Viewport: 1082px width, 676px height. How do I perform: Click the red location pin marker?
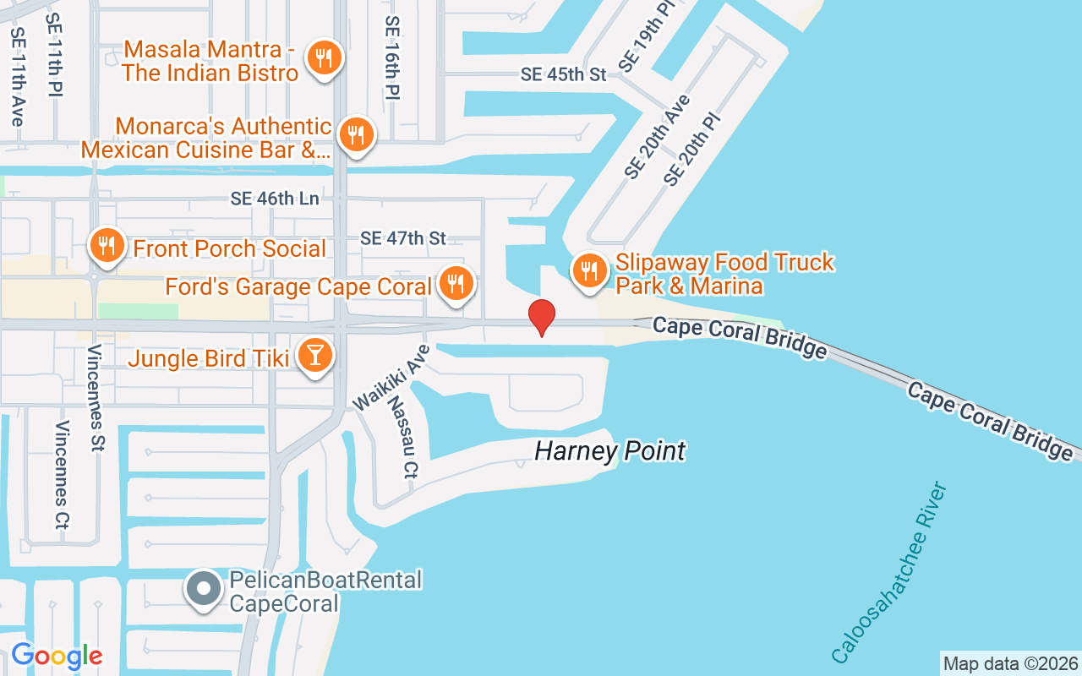[541, 318]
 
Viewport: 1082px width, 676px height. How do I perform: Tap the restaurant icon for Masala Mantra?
[323, 59]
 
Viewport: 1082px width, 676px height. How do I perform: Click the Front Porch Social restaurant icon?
[107, 247]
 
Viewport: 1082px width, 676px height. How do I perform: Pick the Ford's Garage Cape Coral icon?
[456, 283]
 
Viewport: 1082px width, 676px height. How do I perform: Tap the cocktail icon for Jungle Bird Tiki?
[315, 356]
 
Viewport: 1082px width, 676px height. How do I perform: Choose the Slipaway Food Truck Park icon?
[588, 271]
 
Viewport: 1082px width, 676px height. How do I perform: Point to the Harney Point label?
[609, 451]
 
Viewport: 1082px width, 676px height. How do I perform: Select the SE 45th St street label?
[564, 74]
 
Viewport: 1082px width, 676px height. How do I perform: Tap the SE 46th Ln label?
[276, 199]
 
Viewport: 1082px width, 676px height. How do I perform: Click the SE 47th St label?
[403, 238]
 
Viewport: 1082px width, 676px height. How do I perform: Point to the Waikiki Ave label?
[391, 377]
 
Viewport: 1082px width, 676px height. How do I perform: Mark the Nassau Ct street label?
[400, 437]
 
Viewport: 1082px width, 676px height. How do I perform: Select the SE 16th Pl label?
[391, 57]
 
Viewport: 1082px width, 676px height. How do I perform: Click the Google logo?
[57, 656]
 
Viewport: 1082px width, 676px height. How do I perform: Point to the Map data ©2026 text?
[1011, 663]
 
